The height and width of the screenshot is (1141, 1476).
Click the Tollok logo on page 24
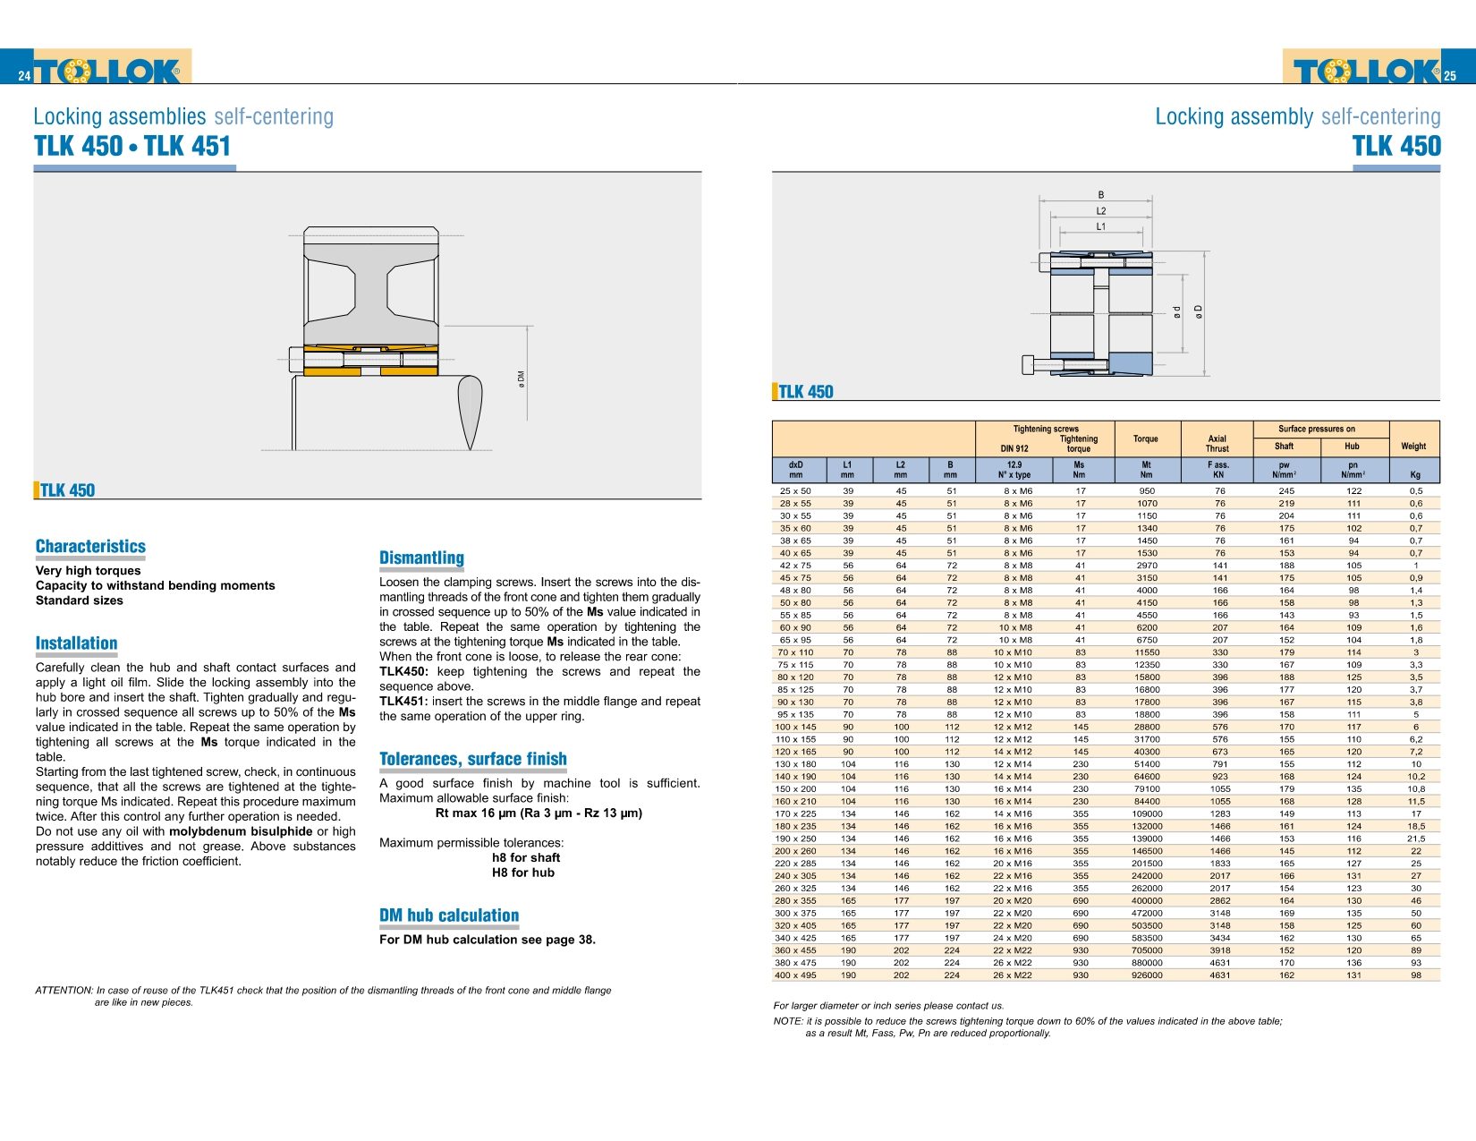tap(112, 70)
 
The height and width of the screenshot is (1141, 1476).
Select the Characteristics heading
tap(90, 546)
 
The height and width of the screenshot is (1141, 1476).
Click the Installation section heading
tap(76, 643)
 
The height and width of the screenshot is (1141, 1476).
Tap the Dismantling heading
tap(421, 558)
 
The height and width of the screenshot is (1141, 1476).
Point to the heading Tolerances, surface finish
tap(472, 759)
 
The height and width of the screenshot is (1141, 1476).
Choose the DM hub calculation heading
tap(448, 915)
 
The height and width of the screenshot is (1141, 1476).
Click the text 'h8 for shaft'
tap(526, 857)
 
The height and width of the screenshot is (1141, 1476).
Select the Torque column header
tap(1145, 439)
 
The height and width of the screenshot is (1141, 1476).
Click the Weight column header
tap(1413, 446)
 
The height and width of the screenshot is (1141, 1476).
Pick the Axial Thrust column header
tap(1217, 444)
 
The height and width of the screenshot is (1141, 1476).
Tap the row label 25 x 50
tap(795, 490)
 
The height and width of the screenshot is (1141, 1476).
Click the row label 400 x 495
tap(795, 975)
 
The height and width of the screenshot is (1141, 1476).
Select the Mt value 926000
tap(1147, 975)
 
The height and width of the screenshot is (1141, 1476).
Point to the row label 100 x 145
tap(795, 727)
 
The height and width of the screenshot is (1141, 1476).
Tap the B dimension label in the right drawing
tap(1101, 194)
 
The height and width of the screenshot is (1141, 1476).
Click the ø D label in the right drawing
tap(1199, 311)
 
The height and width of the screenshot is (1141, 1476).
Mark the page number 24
tap(24, 76)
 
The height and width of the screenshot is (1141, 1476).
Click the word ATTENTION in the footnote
tap(64, 991)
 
